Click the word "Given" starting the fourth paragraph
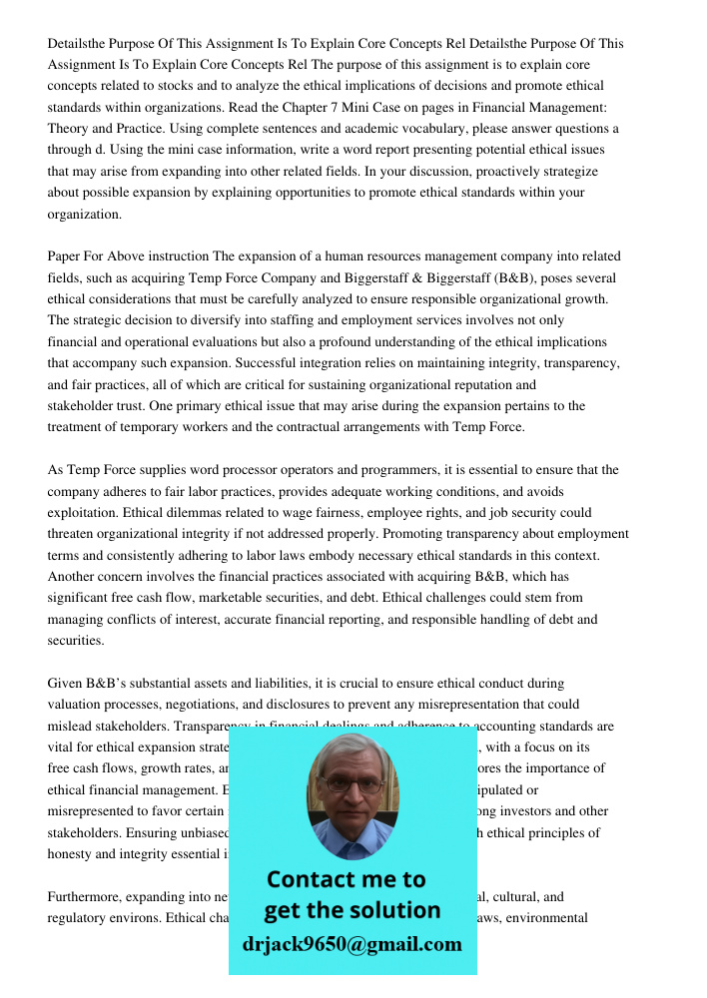click(66, 684)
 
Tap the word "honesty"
click(72, 853)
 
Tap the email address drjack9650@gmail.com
click(353, 944)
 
